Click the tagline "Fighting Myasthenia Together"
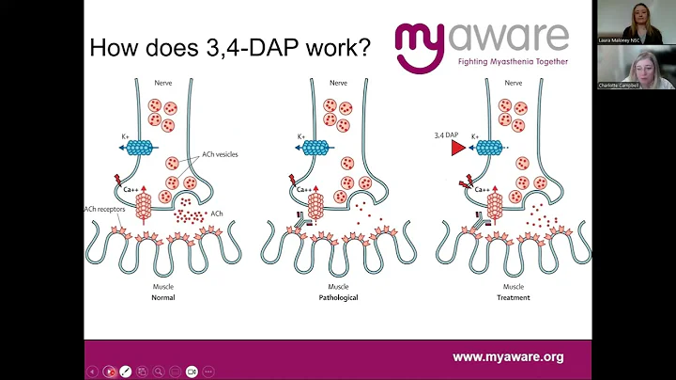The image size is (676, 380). click(513, 61)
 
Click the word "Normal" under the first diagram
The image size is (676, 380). click(163, 297)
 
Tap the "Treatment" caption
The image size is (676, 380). click(514, 297)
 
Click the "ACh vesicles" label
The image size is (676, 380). click(221, 154)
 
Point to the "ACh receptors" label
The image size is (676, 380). click(102, 208)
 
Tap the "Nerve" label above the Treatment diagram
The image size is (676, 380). click(514, 82)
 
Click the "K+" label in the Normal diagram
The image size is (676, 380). click(125, 137)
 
